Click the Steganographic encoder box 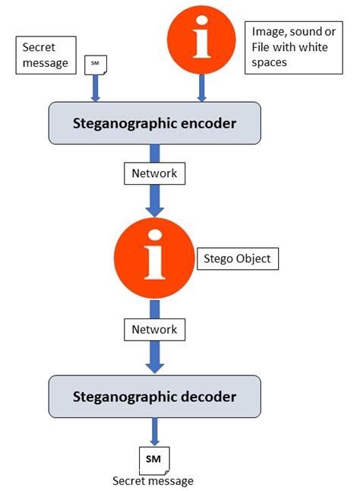coord(155,122)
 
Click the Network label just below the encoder coord(155,173)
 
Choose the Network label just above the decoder coord(155,329)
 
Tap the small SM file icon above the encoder coord(96,65)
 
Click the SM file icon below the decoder coord(154,459)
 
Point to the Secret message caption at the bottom coord(153,480)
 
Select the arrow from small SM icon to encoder coord(96,88)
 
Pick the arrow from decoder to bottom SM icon coord(154,431)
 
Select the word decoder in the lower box coord(210,396)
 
